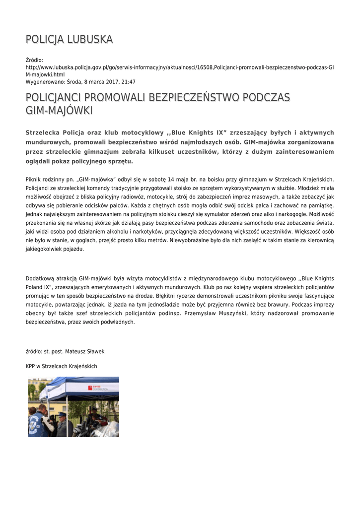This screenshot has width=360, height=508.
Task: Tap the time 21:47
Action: click(x=129, y=82)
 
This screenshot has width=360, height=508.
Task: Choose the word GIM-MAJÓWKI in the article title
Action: click(x=59, y=111)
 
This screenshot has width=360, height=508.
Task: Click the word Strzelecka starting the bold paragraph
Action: click(x=42, y=133)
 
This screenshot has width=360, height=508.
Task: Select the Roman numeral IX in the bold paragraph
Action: click(x=221, y=133)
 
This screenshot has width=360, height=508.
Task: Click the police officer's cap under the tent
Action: click(x=61, y=414)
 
